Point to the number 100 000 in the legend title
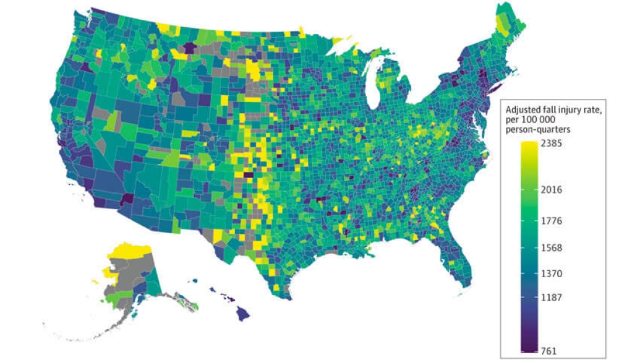pyautogui.click(x=541, y=119)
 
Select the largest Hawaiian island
pyautogui.click(x=243, y=314)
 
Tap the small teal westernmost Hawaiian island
pyautogui.click(x=195, y=280)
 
